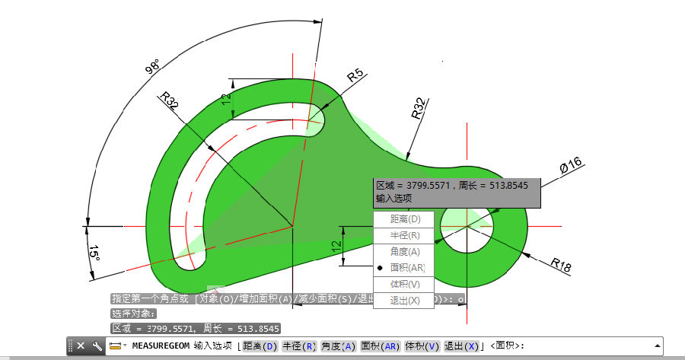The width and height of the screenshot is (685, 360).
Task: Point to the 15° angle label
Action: click(x=94, y=253)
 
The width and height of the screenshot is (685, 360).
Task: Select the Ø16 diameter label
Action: click(x=571, y=165)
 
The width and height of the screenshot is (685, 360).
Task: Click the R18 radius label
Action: click(x=561, y=264)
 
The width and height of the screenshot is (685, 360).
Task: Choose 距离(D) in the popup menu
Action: click(x=404, y=219)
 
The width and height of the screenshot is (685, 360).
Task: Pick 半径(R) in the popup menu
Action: click(x=404, y=235)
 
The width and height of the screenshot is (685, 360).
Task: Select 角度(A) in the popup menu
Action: click(x=404, y=251)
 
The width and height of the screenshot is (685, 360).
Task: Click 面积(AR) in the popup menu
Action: click(x=407, y=268)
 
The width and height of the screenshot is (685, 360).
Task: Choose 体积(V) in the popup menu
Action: click(x=404, y=284)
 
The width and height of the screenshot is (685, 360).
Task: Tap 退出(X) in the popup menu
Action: click(x=404, y=300)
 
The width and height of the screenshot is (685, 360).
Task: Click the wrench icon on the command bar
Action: click(x=97, y=346)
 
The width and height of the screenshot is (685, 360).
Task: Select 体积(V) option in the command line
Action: click(x=422, y=346)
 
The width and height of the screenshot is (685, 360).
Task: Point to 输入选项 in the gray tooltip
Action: click(x=393, y=198)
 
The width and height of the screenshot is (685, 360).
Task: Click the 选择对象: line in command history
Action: click(x=133, y=313)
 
